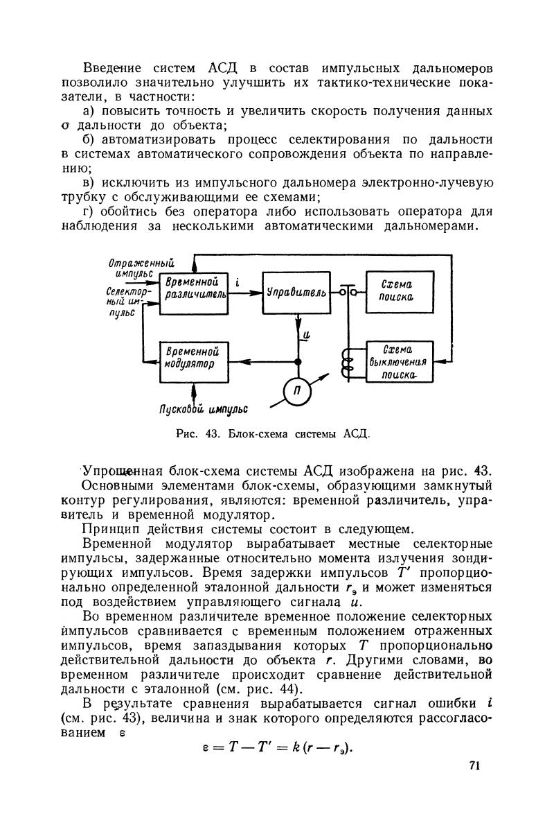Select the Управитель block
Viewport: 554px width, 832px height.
(x=296, y=293)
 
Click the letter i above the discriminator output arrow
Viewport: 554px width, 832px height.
(x=237, y=282)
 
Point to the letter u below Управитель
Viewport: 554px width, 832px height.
(x=306, y=336)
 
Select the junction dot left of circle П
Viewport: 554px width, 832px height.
(x=298, y=362)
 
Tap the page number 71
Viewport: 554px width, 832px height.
(x=474, y=765)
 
